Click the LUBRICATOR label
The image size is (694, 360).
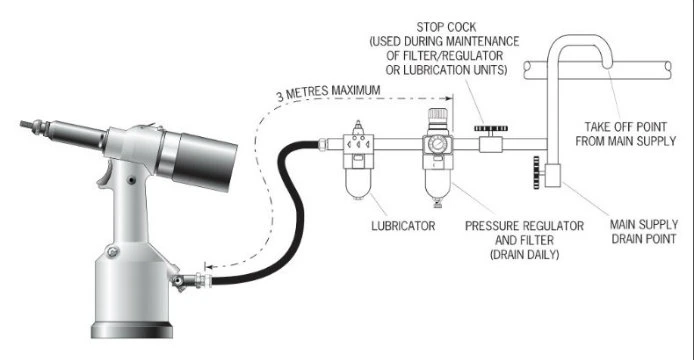(x=403, y=226)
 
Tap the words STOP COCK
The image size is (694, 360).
(x=446, y=27)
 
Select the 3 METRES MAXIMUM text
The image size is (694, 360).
(x=328, y=93)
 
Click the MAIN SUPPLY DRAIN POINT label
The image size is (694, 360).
(x=644, y=231)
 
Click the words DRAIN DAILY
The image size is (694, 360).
(x=524, y=255)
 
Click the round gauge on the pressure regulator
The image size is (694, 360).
(x=438, y=143)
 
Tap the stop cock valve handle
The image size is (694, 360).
(x=491, y=128)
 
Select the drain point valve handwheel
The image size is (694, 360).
(x=536, y=172)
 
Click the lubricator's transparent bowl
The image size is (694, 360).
(x=359, y=184)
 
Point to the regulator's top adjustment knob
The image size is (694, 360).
(x=438, y=114)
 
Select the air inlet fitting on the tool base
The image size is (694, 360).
(x=191, y=280)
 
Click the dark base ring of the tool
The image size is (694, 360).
(x=132, y=330)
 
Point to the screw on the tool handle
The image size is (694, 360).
(x=131, y=180)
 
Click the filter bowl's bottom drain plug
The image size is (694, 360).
(x=438, y=204)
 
